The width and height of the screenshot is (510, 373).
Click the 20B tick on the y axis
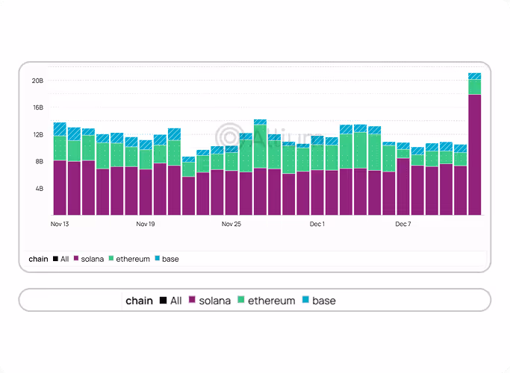pos(37,80)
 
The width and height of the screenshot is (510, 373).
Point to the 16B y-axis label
pos(37,107)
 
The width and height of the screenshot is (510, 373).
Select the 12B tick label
pos(37,134)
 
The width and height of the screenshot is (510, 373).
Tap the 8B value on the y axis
pos(38,161)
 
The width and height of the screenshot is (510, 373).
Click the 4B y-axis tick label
pos(38,189)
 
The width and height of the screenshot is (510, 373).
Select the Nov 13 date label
pos(60,224)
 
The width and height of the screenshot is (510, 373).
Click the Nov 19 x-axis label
pos(146,224)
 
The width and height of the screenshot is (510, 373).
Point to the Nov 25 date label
pos(231,224)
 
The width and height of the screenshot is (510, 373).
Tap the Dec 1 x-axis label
pos(317,224)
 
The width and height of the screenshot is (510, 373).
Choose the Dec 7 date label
pos(403,224)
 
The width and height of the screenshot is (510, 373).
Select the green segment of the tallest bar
pos(474,87)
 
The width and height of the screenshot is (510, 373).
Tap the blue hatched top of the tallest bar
pos(474,75)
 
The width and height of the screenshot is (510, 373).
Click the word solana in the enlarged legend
pos(215,301)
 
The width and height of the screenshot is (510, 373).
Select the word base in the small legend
pos(170,259)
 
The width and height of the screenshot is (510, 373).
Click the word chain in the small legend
pos(38,259)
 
